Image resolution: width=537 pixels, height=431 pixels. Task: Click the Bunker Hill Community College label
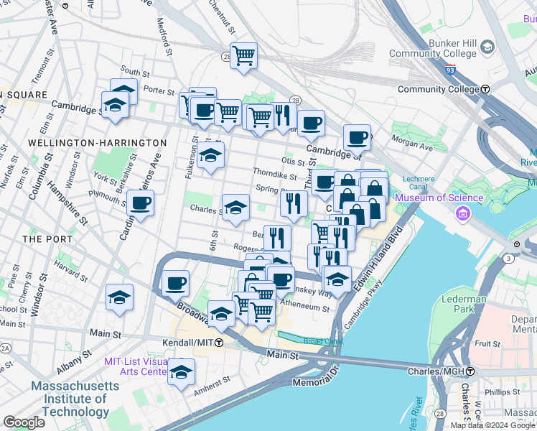pyautogui.click(x=433, y=47)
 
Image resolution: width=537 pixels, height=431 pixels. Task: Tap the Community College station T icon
pyautogui.click(x=485, y=89)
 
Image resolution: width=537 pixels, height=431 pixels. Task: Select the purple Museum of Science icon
pyautogui.click(x=462, y=213)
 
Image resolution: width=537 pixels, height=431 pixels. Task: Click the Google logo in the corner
pyautogui.click(x=24, y=422)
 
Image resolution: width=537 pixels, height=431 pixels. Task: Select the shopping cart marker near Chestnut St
pyautogui.click(x=243, y=55)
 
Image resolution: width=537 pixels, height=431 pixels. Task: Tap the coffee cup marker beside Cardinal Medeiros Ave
pyautogui.click(x=140, y=205)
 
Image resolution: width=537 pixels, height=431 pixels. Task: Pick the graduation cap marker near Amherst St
pyautogui.click(x=182, y=371)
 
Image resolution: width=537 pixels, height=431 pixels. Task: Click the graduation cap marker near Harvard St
pyautogui.click(x=119, y=297)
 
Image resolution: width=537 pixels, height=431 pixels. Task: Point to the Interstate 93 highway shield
pyautogui.click(x=449, y=70)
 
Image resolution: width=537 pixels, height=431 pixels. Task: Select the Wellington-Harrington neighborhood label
pyautogui.click(x=97, y=143)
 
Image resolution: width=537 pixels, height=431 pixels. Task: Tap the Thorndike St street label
pyautogui.click(x=274, y=174)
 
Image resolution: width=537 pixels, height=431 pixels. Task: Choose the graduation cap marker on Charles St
pyautogui.click(x=235, y=208)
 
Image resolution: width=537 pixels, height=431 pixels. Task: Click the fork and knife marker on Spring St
pyautogui.click(x=293, y=203)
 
